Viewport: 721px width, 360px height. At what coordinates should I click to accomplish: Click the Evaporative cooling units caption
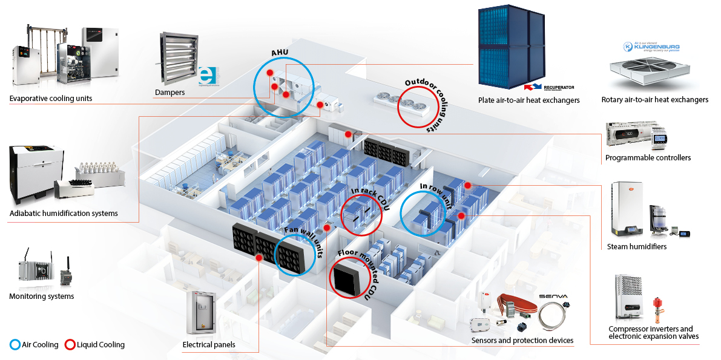pyautogui.click(x=51, y=98)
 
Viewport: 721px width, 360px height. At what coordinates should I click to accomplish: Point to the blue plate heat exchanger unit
pyautogui.click(x=512, y=44)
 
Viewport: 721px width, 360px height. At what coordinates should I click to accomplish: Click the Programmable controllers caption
pyautogui.click(x=648, y=158)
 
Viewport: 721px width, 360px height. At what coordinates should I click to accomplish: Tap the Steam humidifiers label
pyautogui.click(x=636, y=246)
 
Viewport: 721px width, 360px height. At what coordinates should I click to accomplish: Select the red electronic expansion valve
pyautogui.click(x=656, y=309)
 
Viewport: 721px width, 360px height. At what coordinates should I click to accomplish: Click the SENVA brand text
pyautogui.click(x=554, y=297)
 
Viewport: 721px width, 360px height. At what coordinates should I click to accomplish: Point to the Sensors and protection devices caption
pyautogui.click(x=522, y=341)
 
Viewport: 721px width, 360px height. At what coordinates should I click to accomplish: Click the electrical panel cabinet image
pyautogui.click(x=199, y=312)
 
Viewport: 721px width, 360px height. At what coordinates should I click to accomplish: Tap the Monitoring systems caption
pyautogui.click(x=41, y=296)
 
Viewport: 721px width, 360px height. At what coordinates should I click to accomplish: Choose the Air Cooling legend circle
pyautogui.click(x=15, y=345)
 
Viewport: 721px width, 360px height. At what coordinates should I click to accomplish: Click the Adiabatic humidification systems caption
pyautogui.click(x=64, y=213)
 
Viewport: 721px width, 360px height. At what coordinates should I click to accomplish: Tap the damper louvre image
pyautogui.click(x=178, y=59)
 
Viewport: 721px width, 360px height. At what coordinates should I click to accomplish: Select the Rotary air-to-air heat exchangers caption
pyautogui.click(x=654, y=100)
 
